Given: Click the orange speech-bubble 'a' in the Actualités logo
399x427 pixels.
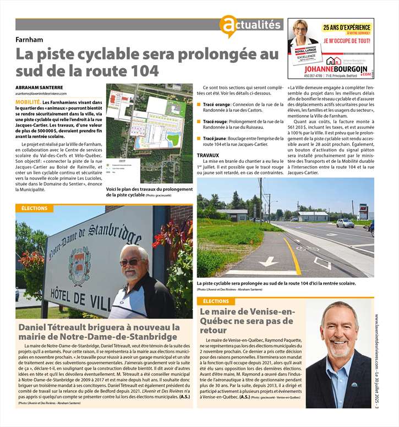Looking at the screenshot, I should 227,25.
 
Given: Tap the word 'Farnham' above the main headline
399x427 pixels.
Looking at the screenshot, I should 29,40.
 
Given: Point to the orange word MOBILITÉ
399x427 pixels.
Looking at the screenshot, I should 28,102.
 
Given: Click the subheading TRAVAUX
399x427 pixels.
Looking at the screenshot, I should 209,155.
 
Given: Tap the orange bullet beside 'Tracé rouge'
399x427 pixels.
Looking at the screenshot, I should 199,122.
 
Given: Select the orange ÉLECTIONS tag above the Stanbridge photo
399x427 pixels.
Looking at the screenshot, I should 34,209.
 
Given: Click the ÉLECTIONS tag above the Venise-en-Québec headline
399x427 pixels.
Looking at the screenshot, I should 216,301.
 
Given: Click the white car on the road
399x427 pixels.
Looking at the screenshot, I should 345,223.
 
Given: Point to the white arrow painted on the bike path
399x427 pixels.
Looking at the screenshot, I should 269,261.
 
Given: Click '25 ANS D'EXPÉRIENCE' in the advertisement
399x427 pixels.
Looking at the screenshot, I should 346,26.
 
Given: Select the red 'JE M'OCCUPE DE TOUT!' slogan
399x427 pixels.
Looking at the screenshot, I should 346,41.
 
